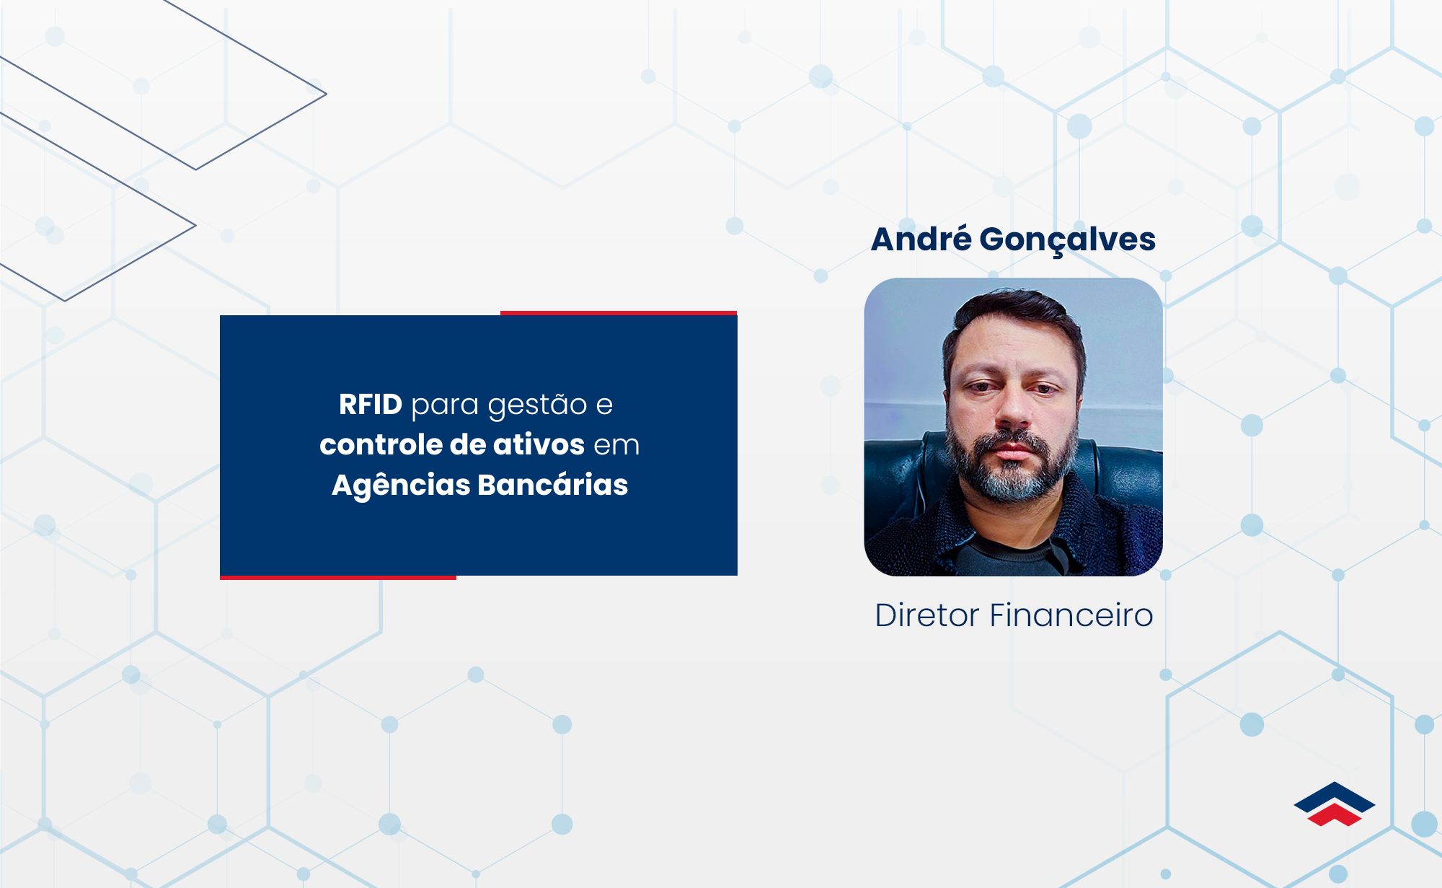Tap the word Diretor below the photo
click(927, 615)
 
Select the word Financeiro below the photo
click(1071, 615)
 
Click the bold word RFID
click(371, 405)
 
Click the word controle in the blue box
click(380, 445)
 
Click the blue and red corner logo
click(1335, 804)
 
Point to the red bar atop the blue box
click(619, 313)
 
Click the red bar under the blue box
click(338, 577)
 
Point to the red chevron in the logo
click(1335, 816)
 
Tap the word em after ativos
click(616, 446)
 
